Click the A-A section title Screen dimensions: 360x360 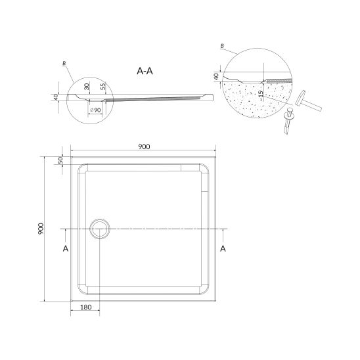coord(145,71)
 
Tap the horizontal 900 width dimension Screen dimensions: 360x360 coord(144,146)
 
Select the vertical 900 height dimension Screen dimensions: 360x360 coord(41,229)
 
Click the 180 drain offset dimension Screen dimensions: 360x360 coord(86,307)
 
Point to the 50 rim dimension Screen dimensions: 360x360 coord(60,160)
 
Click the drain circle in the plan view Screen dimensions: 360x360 coord(100,229)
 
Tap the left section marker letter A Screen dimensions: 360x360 coord(66,248)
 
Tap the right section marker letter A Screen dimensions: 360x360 coord(223,248)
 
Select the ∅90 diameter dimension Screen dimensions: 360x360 coord(95,110)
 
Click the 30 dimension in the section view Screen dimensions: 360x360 coord(86,87)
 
